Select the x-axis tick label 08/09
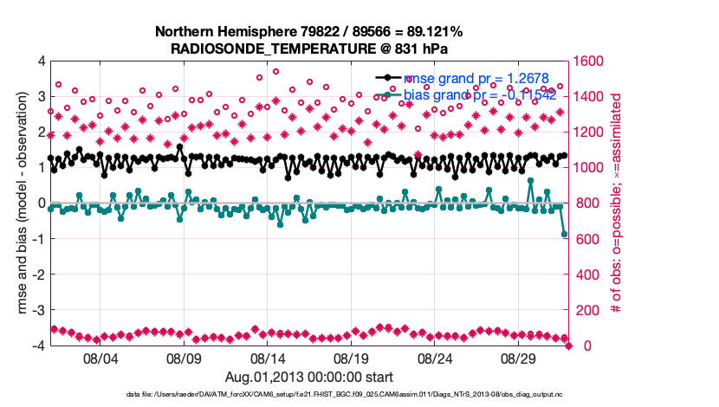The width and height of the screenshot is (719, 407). [184, 358]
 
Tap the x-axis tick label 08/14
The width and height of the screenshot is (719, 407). [268, 358]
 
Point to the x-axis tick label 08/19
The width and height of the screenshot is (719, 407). [353, 358]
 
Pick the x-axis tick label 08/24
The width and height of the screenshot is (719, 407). [437, 358]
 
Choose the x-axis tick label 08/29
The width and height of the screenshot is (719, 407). [521, 358]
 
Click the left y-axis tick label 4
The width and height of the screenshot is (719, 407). [41, 61]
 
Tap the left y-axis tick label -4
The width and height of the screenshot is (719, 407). [38, 346]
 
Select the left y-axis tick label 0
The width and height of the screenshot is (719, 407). [41, 203]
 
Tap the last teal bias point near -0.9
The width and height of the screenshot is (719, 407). [565, 235]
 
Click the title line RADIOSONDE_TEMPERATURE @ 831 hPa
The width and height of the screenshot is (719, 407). [308, 48]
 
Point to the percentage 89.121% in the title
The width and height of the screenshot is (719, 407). [431, 32]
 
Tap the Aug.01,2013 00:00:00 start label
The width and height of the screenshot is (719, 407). [308, 377]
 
